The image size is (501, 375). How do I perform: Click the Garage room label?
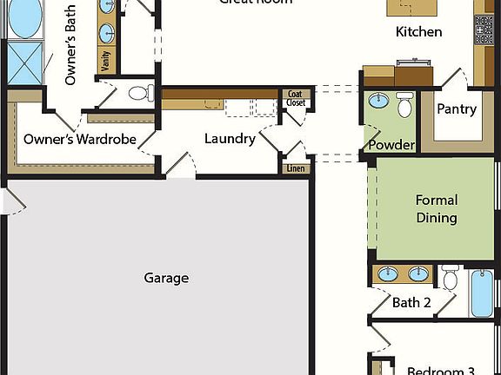[x=166, y=279]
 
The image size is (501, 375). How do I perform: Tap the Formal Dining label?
[x=437, y=209]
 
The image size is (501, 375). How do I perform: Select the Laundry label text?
[x=230, y=139]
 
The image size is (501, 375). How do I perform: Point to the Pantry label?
[x=457, y=109]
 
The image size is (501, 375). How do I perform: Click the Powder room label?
[x=391, y=145]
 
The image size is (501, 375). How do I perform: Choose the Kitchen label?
[x=418, y=32]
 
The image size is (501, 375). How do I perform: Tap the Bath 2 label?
[x=411, y=303]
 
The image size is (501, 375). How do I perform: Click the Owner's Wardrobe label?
[x=80, y=139]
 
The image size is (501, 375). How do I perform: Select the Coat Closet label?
[x=296, y=98]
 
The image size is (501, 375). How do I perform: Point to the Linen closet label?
[x=297, y=168]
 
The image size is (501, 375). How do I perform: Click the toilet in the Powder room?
[x=404, y=105]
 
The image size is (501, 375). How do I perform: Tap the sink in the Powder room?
[x=379, y=101]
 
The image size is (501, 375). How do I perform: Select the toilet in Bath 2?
[x=450, y=278]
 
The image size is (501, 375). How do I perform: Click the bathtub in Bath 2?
[x=482, y=293]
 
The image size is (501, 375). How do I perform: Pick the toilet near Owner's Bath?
[x=140, y=93]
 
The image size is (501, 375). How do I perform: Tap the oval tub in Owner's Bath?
[x=26, y=18]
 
